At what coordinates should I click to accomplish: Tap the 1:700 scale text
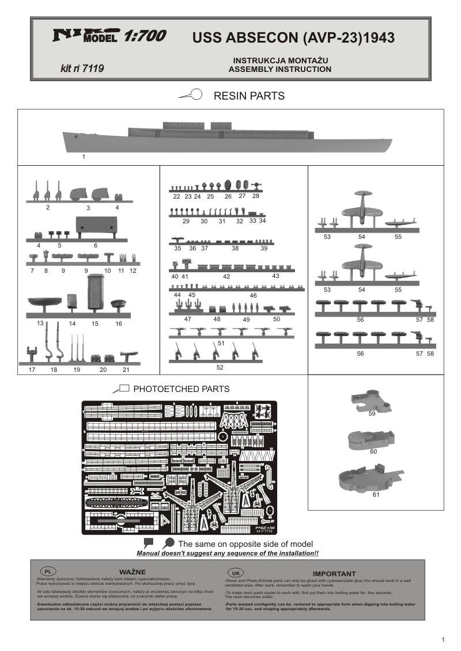click(144, 36)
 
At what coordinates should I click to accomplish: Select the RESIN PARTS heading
click(249, 96)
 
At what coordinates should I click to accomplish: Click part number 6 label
click(96, 245)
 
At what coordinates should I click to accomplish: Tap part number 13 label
click(40, 323)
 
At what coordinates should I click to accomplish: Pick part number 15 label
click(95, 323)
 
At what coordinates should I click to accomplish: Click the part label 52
click(220, 367)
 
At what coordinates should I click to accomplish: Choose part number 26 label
click(228, 196)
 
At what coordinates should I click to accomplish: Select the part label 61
click(376, 494)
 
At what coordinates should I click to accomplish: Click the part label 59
click(372, 413)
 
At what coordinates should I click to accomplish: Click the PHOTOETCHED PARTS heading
click(181, 389)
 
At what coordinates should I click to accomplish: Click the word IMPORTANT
click(334, 573)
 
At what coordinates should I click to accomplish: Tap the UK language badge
click(235, 573)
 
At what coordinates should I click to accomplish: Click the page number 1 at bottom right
click(443, 639)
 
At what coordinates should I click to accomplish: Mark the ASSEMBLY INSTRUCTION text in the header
click(279, 69)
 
